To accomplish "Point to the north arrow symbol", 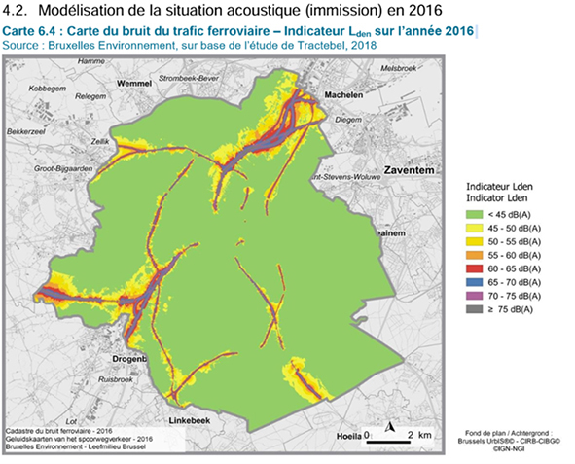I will [x=387, y=427].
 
